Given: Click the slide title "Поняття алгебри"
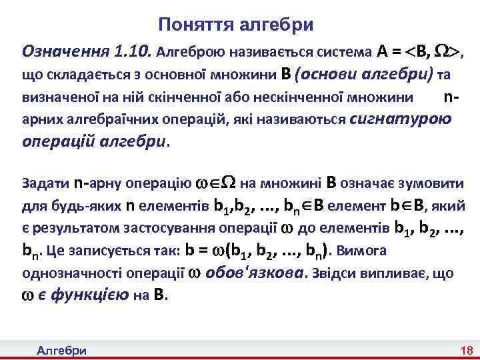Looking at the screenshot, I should click(235, 25).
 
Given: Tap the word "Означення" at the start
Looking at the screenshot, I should click(65, 51).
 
